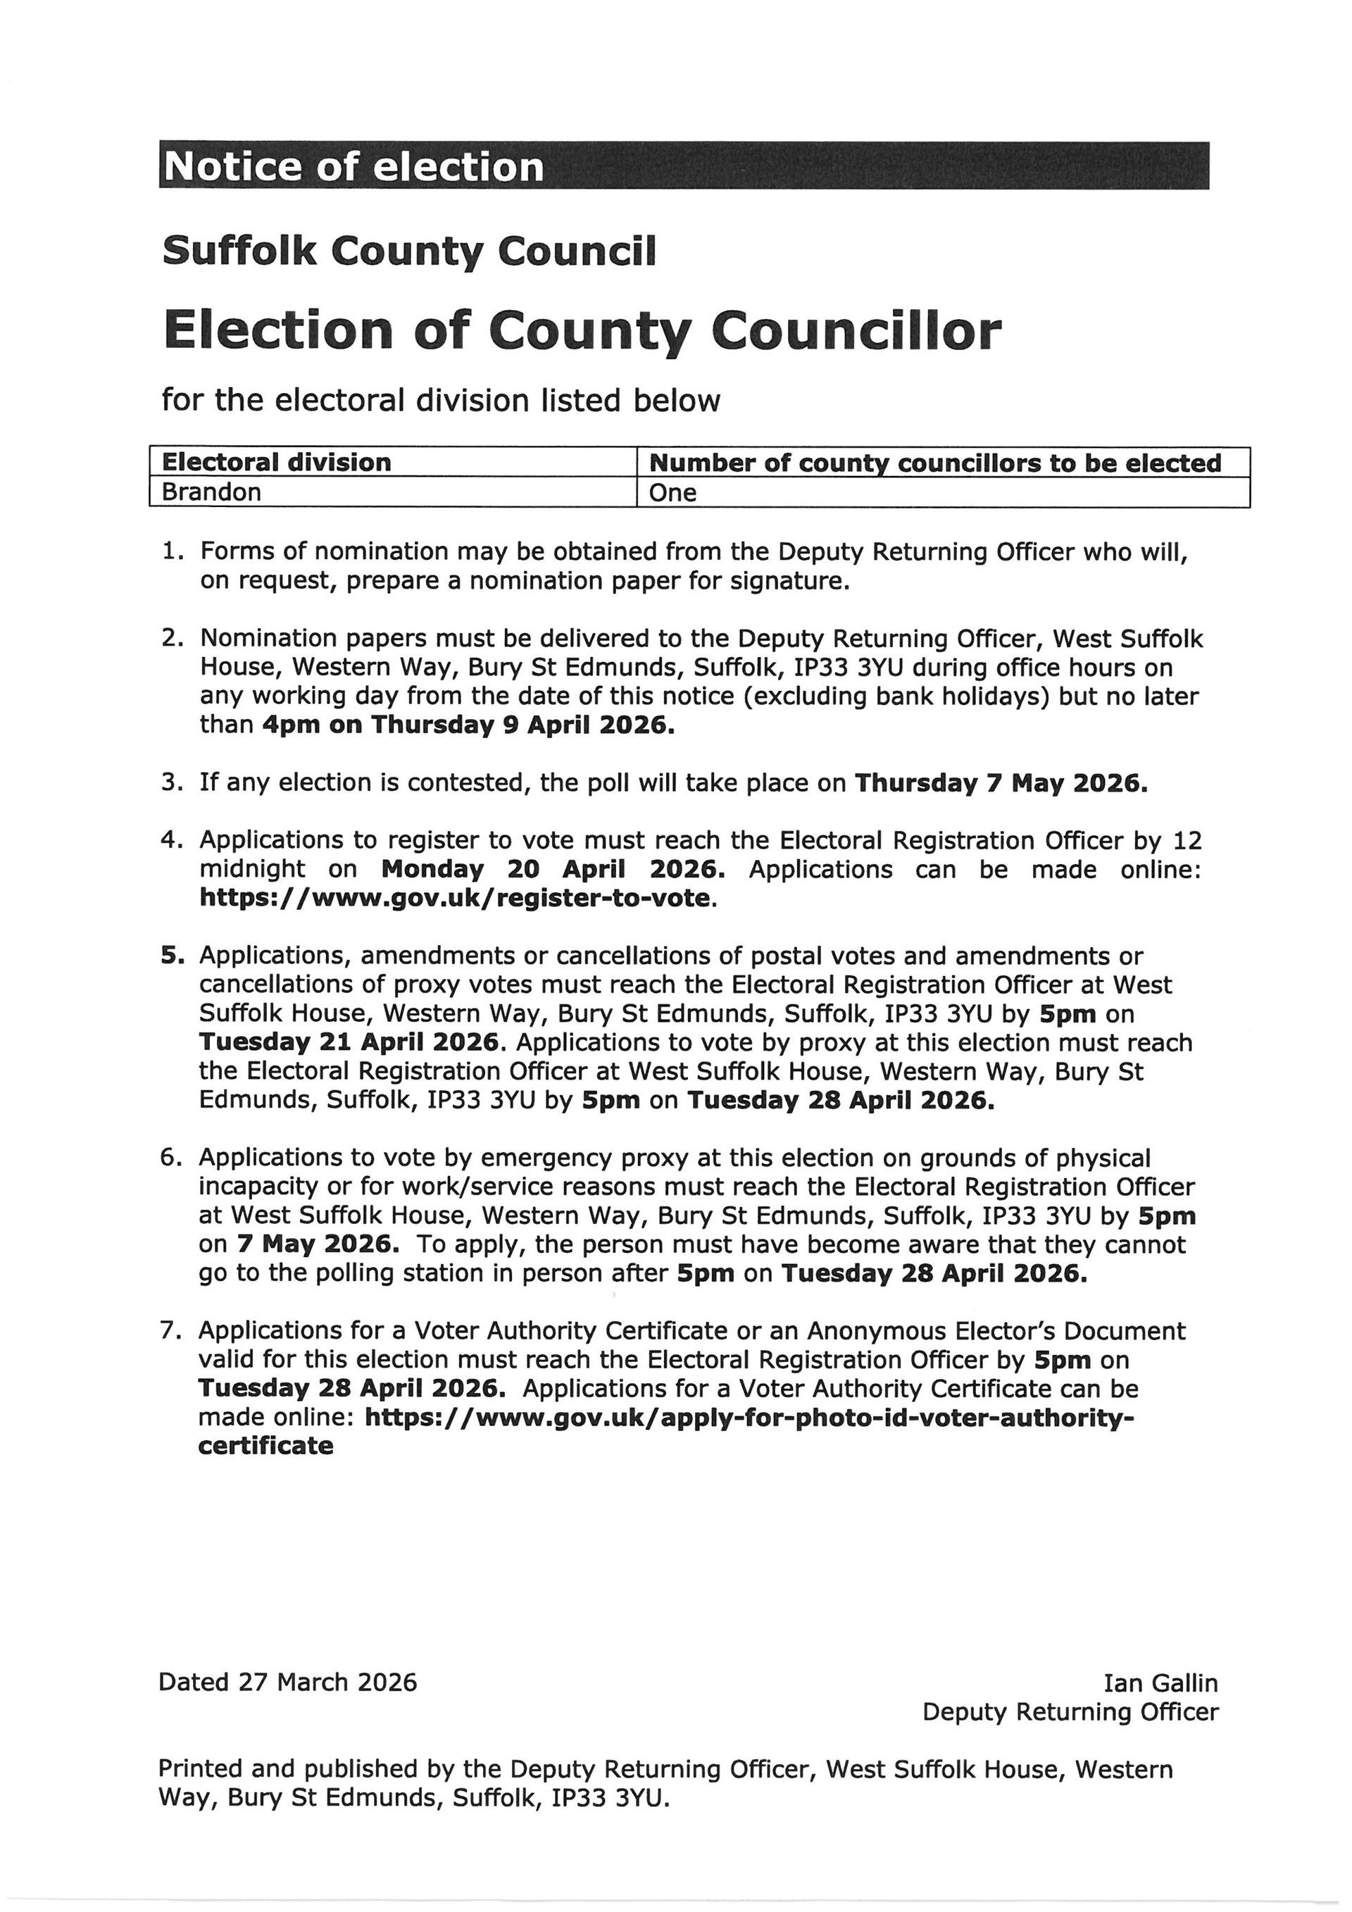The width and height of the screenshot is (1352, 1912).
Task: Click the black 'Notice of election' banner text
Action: click(353, 166)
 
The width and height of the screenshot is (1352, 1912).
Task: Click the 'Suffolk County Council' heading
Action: click(408, 251)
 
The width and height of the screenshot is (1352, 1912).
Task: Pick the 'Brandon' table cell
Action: click(211, 492)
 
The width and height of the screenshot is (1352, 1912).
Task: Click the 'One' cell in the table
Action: click(672, 493)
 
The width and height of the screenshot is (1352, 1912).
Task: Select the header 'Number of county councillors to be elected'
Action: click(935, 463)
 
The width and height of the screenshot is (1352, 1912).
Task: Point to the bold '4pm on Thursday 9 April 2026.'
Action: click(468, 725)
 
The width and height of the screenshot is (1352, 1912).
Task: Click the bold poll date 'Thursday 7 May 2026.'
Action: click(1001, 783)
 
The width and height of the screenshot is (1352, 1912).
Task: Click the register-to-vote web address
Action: click(456, 899)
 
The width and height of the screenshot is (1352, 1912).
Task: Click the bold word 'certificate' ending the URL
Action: click(265, 1446)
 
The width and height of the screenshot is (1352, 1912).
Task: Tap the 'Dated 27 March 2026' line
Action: click(287, 1682)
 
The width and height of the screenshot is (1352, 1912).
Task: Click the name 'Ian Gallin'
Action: click(1160, 1683)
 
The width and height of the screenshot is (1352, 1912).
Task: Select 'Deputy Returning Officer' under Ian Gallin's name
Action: click(1070, 1712)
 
